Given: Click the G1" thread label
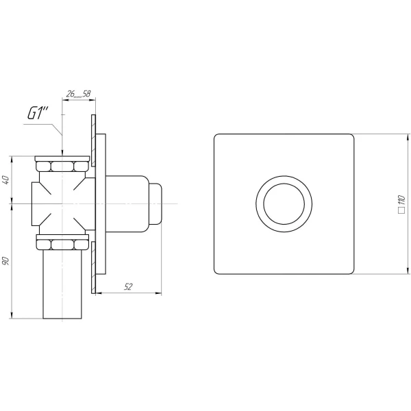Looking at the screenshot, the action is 38,114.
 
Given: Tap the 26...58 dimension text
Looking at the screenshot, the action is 78,94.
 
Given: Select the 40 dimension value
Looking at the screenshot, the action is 5,179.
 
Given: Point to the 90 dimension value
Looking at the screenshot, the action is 5,261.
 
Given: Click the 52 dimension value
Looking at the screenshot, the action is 128,287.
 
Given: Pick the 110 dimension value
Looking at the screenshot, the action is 401,200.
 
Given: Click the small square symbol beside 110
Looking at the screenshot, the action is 401,210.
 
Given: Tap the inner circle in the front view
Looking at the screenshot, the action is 284,184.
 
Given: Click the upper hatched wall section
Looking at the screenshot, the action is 94,140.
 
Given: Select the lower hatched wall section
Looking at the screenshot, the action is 94,267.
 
